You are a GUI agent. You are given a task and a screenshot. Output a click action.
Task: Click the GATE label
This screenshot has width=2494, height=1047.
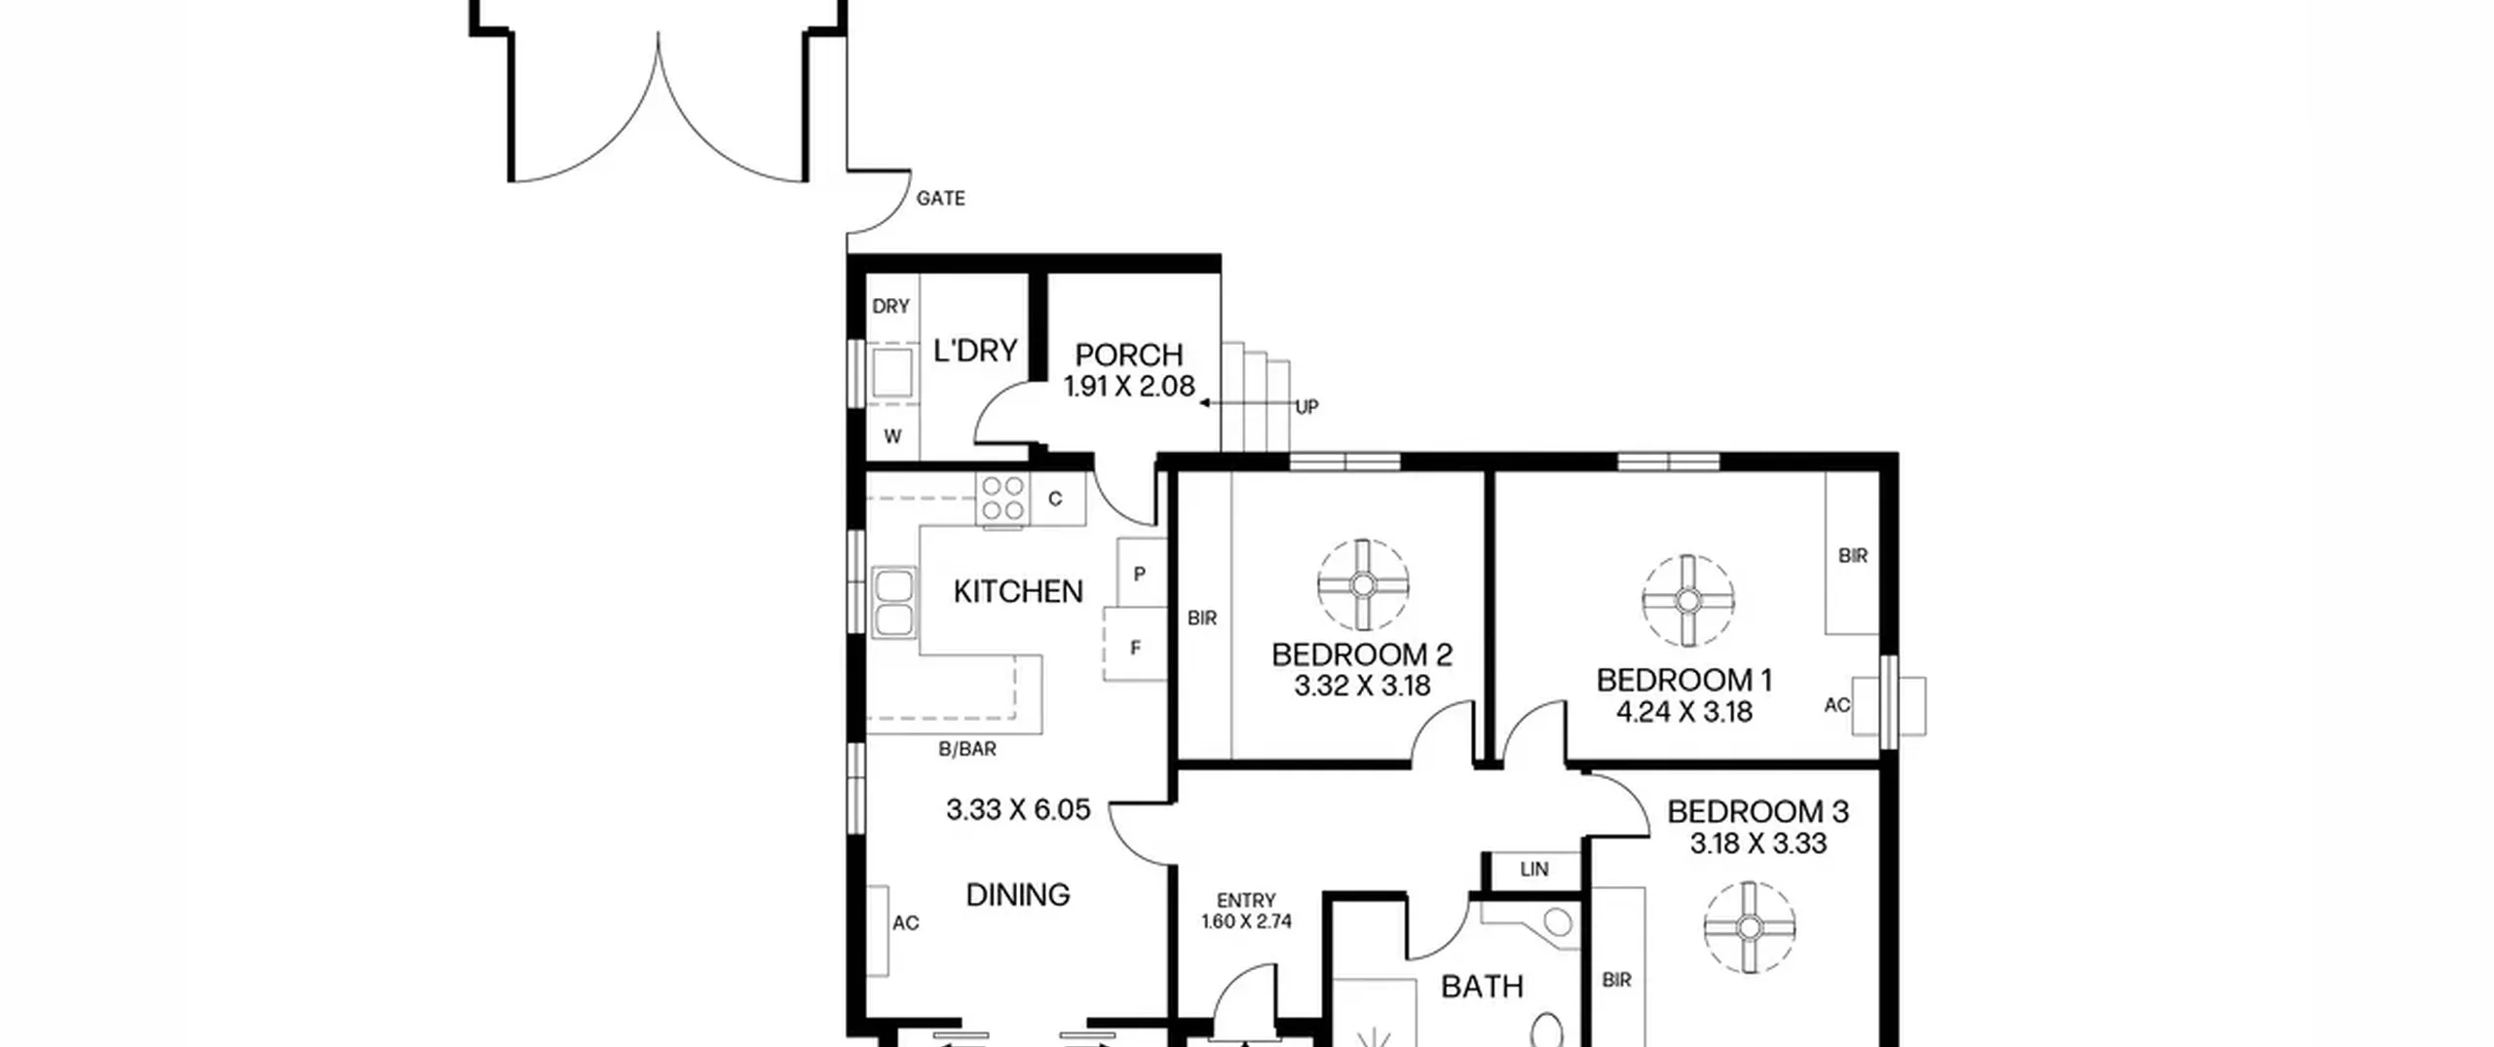pos(940,199)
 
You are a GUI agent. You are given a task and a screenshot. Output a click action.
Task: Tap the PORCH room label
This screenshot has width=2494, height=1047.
pos(1129,355)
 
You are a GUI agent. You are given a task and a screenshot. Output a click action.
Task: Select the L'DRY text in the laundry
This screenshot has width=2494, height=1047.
pos(975,351)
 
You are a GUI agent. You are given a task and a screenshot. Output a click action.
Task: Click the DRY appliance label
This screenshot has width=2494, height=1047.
pos(890,307)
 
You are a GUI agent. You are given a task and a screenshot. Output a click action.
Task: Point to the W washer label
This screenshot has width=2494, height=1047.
pos(892,437)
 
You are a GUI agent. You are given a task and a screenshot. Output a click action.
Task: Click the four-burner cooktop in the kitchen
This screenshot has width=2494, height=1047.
pos(1002,499)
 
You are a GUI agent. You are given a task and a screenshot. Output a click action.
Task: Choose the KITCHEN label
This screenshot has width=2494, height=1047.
pos(1018,591)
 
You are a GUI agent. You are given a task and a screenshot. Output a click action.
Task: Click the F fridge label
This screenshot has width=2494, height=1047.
pos(1135,648)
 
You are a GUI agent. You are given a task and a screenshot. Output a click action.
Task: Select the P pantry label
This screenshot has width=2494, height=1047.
pos(1139,575)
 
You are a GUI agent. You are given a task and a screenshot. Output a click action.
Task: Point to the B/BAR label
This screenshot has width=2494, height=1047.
pos(967,749)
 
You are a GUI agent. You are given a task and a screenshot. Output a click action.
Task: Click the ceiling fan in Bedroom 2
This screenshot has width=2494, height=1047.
pos(1363,585)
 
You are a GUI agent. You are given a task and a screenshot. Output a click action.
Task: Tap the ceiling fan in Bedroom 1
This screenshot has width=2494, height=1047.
pos(1688,601)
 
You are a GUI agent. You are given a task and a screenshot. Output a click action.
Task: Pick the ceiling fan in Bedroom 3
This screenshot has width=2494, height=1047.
pos(1750,927)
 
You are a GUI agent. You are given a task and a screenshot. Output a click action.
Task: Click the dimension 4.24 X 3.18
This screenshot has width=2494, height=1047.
pos(1684,712)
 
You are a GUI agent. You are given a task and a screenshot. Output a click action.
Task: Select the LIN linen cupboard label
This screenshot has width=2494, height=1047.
pos(1533,870)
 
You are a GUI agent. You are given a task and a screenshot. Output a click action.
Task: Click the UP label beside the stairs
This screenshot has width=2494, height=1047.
pos(1306,407)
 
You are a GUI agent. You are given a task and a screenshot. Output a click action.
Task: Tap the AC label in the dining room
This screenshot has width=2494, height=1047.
pos(905,923)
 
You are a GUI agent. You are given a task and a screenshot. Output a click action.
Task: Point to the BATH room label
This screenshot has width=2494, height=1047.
pos(1482,987)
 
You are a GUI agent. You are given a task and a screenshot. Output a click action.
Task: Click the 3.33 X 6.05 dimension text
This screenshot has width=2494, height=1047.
pos(1018,809)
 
